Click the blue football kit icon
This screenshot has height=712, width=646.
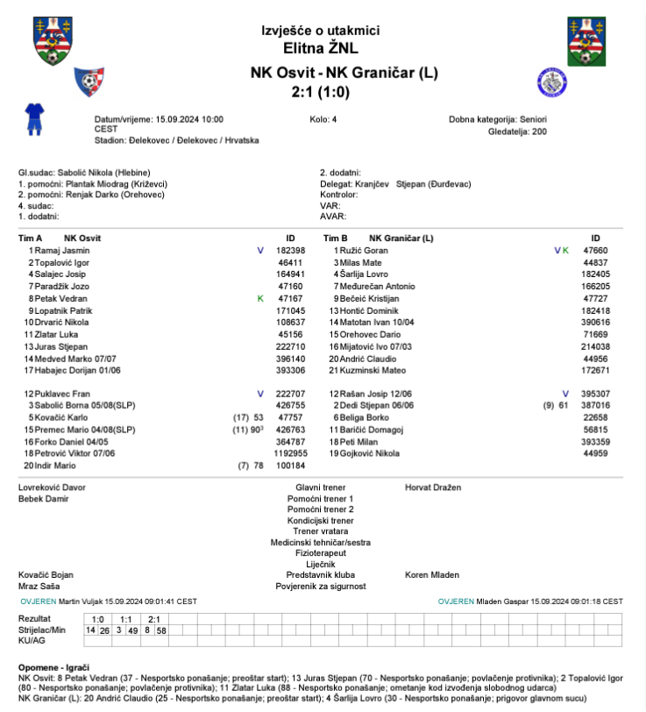click(34, 117)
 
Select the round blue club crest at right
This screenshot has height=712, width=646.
click(549, 82)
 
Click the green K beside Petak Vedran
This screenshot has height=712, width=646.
click(260, 299)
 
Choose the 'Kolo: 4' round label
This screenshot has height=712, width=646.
click(323, 118)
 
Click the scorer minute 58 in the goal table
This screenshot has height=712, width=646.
click(162, 630)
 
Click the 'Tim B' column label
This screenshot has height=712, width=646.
click(337, 239)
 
